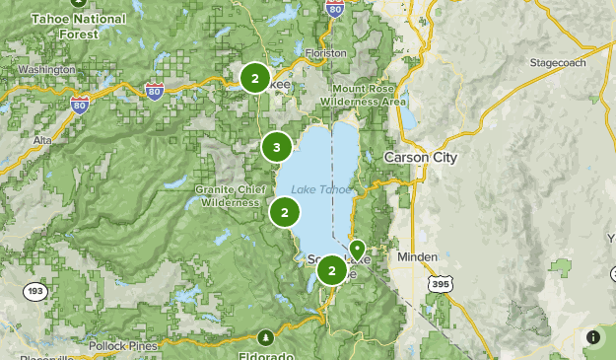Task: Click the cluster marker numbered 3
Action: pyautogui.click(x=277, y=148)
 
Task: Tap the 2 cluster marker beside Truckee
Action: pyautogui.click(x=255, y=78)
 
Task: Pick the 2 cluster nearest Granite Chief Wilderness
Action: pyautogui.click(x=285, y=211)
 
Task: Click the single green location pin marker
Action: pyautogui.click(x=357, y=249)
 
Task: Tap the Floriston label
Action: pyautogui.click(x=326, y=52)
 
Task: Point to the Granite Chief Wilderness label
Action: pyautogui.click(x=229, y=195)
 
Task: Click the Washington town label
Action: pyautogui.click(x=45, y=70)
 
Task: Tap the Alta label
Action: pyautogui.click(x=42, y=141)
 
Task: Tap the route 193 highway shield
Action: pyautogui.click(x=35, y=291)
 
